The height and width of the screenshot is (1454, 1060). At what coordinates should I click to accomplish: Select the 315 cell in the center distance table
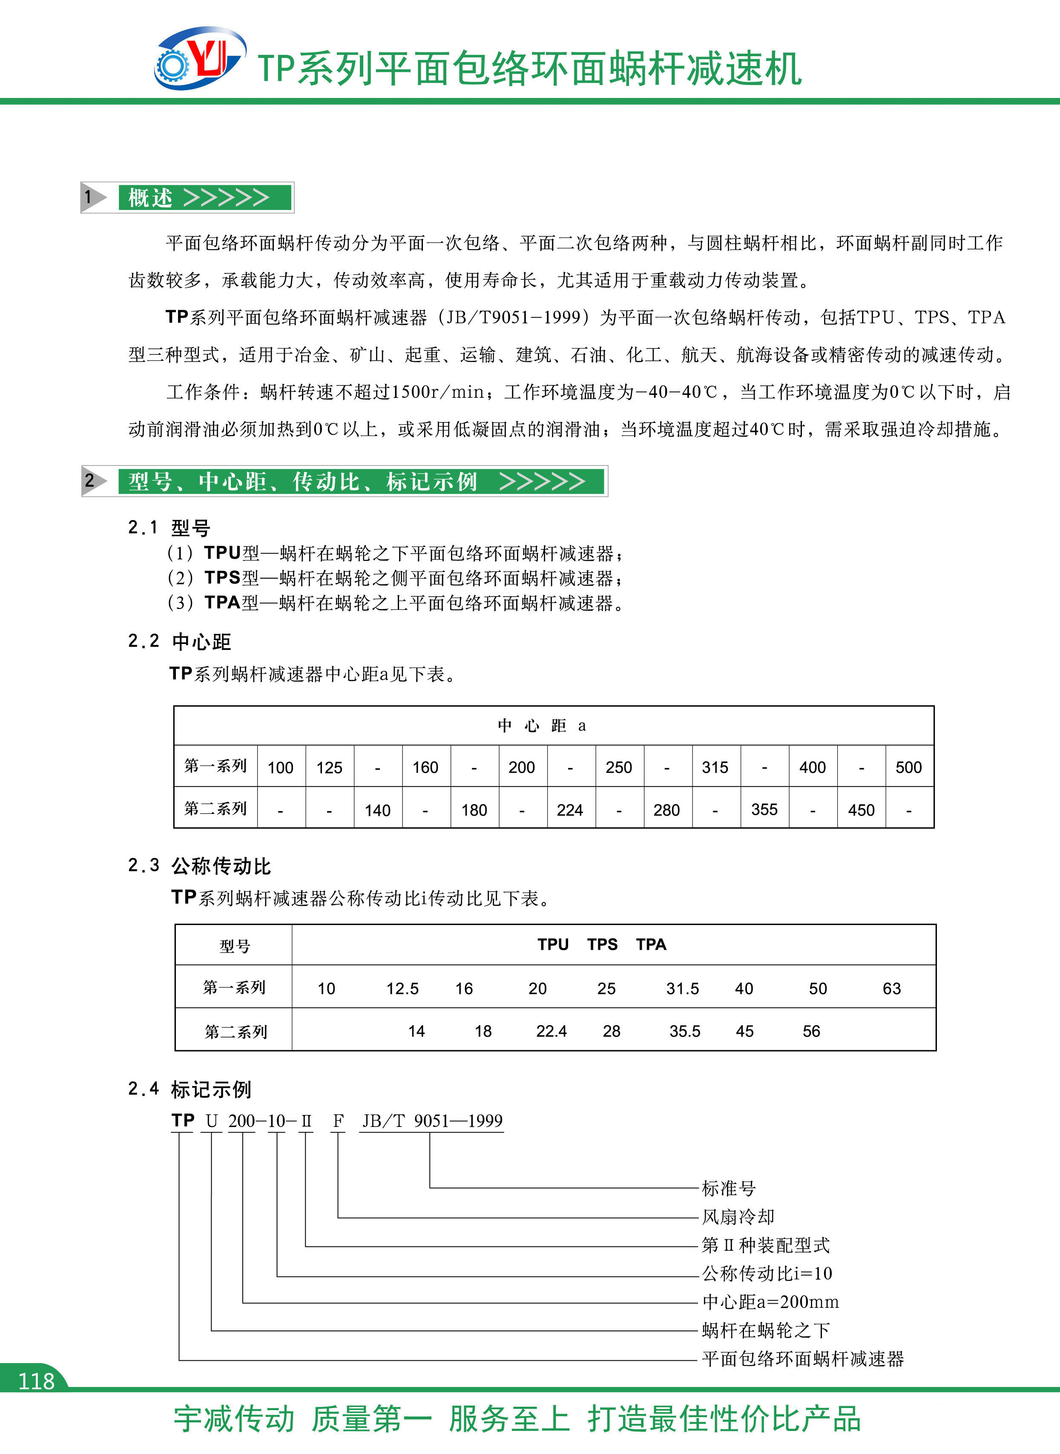click(715, 767)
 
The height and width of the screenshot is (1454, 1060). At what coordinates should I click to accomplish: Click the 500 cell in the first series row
click(908, 767)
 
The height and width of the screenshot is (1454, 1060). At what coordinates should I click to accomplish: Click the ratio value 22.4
click(551, 1031)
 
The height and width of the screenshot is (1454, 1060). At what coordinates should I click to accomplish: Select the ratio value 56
click(811, 1031)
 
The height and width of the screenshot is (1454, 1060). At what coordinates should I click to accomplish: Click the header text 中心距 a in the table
click(542, 726)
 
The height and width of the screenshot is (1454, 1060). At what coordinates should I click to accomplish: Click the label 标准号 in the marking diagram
click(728, 1188)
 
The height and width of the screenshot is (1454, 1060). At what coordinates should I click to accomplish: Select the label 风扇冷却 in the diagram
click(738, 1217)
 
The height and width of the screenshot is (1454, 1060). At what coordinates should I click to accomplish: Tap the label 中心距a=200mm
click(770, 1302)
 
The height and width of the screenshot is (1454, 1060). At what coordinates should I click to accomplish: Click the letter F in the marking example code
click(338, 1121)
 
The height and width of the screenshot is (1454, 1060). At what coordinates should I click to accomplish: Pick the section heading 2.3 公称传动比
click(200, 865)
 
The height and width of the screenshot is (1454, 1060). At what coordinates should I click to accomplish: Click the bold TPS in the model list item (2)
click(222, 578)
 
